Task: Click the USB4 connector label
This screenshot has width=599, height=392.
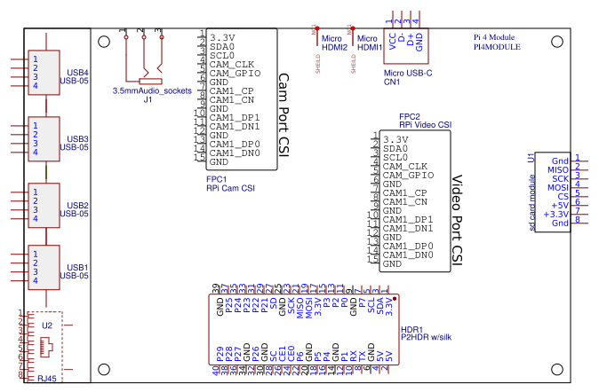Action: (x=78, y=72)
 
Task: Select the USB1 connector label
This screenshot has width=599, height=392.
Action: (x=78, y=267)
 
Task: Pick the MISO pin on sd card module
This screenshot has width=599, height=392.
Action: (x=558, y=170)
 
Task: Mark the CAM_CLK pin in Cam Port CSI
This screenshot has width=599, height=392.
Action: (x=232, y=65)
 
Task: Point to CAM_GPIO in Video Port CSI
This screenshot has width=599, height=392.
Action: (x=409, y=176)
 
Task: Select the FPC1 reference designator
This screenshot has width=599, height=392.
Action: (x=216, y=178)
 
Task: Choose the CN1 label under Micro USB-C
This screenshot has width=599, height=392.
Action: (x=392, y=82)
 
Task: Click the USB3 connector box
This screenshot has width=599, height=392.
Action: (x=43, y=138)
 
